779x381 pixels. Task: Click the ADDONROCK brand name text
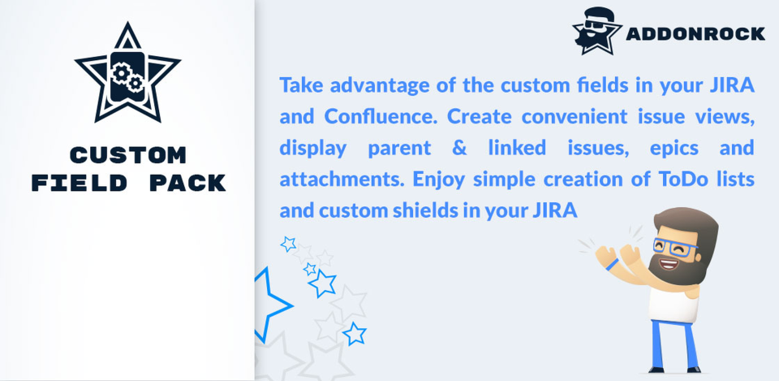pyautogui.click(x=695, y=34)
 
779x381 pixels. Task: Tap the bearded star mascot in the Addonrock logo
pyautogui.click(x=596, y=31)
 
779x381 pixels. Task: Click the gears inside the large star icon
pyautogui.click(x=127, y=78)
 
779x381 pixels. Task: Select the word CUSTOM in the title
pyautogui.click(x=128, y=155)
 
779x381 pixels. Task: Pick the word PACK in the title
pyautogui.click(x=187, y=183)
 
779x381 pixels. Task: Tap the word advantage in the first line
pyautogui.click(x=380, y=86)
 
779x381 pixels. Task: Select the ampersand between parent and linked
pyautogui.click(x=459, y=148)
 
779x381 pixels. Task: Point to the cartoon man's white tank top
pyautogui.click(x=675, y=303)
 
